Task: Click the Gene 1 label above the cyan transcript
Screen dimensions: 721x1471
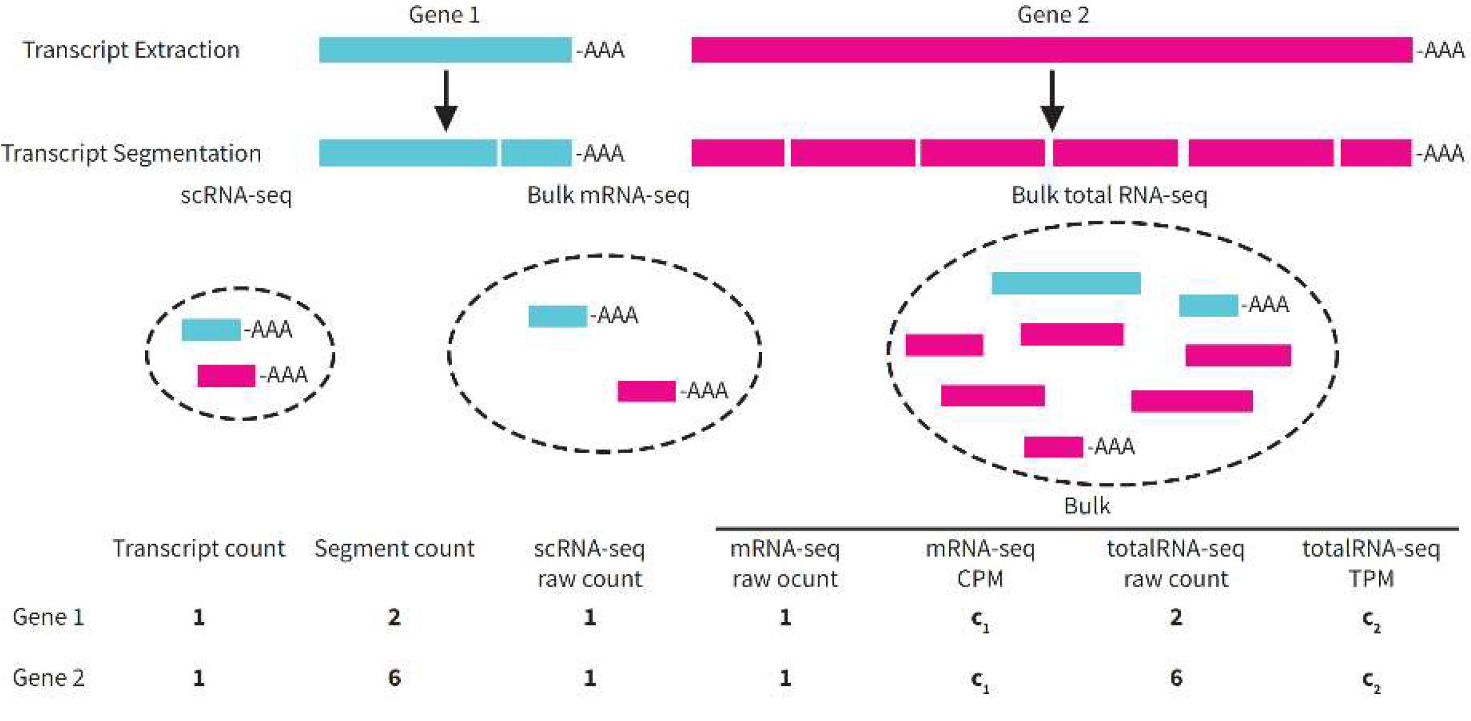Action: pyautogui.click(x=444, y=15)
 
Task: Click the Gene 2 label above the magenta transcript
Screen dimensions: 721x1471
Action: pyautogui.click(x=1053, y=15)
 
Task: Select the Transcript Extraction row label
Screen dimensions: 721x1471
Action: pyautogui.click(x=131, y=50)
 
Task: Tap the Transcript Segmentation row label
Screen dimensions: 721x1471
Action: pyautogui.click(x=131, y=153)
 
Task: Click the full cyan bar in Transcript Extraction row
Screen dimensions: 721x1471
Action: pyautogui.click(x=444, y=50)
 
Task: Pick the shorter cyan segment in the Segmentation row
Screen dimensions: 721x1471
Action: pyautogui.click(x=536, y=153)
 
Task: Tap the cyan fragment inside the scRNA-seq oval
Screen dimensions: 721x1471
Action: pyautogui.click(x=211, y=330)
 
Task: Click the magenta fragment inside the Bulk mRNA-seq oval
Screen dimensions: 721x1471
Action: pyautogui.click(x=646, y=391)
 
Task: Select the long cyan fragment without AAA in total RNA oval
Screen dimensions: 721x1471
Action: pyautogui.click(x=1066, y=283)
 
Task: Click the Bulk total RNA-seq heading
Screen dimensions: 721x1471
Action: pyautogui.click(x=1109, y=196)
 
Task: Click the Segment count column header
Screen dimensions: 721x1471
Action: pyautogui.click(x=394, y=548)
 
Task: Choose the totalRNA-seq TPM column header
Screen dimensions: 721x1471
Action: pyautogui.click(x=1371, y=563)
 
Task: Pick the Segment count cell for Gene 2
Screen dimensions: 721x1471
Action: pyautogui.click(x=394, y=678)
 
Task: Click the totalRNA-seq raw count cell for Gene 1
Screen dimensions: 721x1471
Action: pyautogui.click(x=1176, y=618)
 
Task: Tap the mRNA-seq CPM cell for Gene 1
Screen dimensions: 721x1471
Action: pyautogui.click(x=980, y=619)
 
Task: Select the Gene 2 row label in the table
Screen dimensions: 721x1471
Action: pyautogui.click(x=48, y=678)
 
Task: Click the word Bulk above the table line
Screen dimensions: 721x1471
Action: pyautogui.click(x=1087, y=506)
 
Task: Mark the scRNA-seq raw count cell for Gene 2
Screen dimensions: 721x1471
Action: pyautogui.click(x=590, y=678)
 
